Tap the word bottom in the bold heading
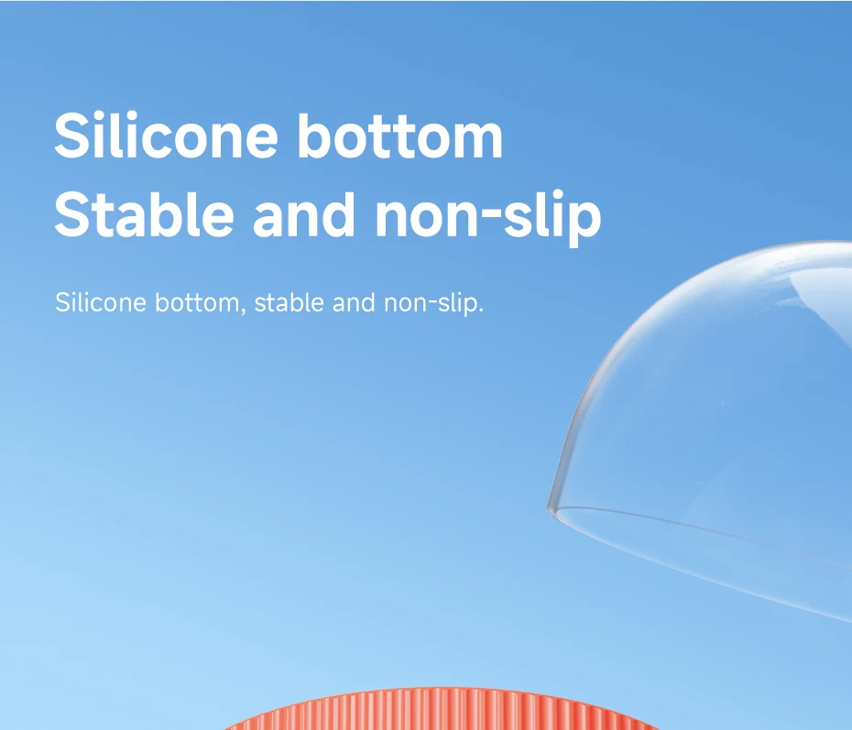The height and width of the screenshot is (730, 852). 400,136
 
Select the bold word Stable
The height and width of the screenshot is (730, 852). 144,214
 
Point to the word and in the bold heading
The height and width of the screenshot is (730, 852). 304,214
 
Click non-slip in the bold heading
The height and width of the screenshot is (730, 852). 488,218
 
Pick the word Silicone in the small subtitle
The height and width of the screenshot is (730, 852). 101,302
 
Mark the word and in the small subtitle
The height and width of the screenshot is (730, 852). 354,302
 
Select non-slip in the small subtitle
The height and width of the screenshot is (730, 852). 431,303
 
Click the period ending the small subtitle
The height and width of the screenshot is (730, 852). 480,311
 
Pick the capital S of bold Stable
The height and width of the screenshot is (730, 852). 74,214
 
